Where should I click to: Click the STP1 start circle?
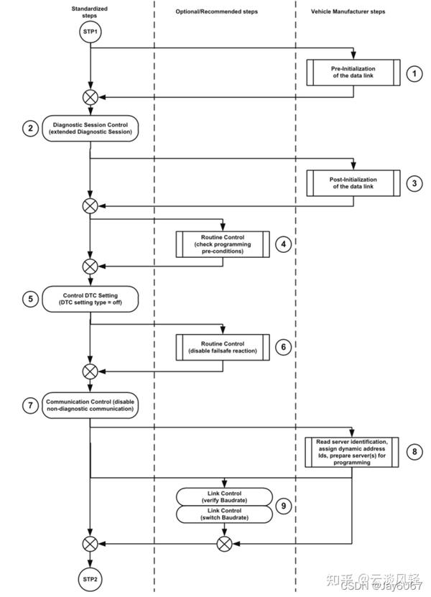coord(90,32)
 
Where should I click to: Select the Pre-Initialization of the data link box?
coord(353,73)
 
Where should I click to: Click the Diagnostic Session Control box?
coord(90,129)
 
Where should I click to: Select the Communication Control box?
coord(90,406)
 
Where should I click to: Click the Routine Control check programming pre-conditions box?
coord(223,244)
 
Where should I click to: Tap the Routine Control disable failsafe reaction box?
coord(223,347)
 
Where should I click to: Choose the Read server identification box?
coord(352,452)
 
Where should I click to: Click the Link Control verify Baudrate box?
coord(224,496)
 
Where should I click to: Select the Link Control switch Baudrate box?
coord(224,514)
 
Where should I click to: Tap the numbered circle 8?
coord(414,452)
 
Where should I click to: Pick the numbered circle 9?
coord(284,506)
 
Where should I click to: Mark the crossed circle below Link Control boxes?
coord(224,544)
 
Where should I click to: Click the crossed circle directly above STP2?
coord(90,544)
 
